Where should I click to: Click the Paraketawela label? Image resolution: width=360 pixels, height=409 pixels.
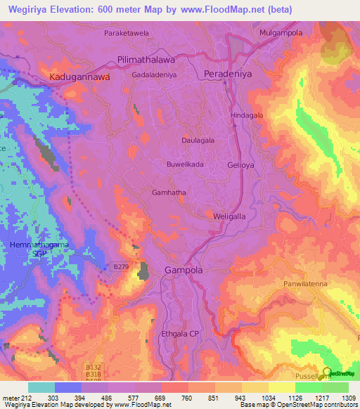[x=127, y=34]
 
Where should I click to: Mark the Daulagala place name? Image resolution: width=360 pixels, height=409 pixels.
[x=198, y=141]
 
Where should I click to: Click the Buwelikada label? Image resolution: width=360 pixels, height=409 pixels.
[x=185, y=164]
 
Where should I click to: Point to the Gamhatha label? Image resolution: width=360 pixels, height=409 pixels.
[x=169, y=192]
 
